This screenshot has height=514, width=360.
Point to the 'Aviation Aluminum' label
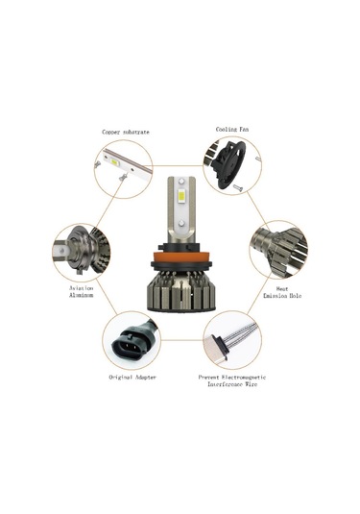(81, 291)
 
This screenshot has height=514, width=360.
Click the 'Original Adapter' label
(131, 378)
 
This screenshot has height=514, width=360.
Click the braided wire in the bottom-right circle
(235, 337)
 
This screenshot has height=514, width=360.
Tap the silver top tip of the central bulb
(180, 181)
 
